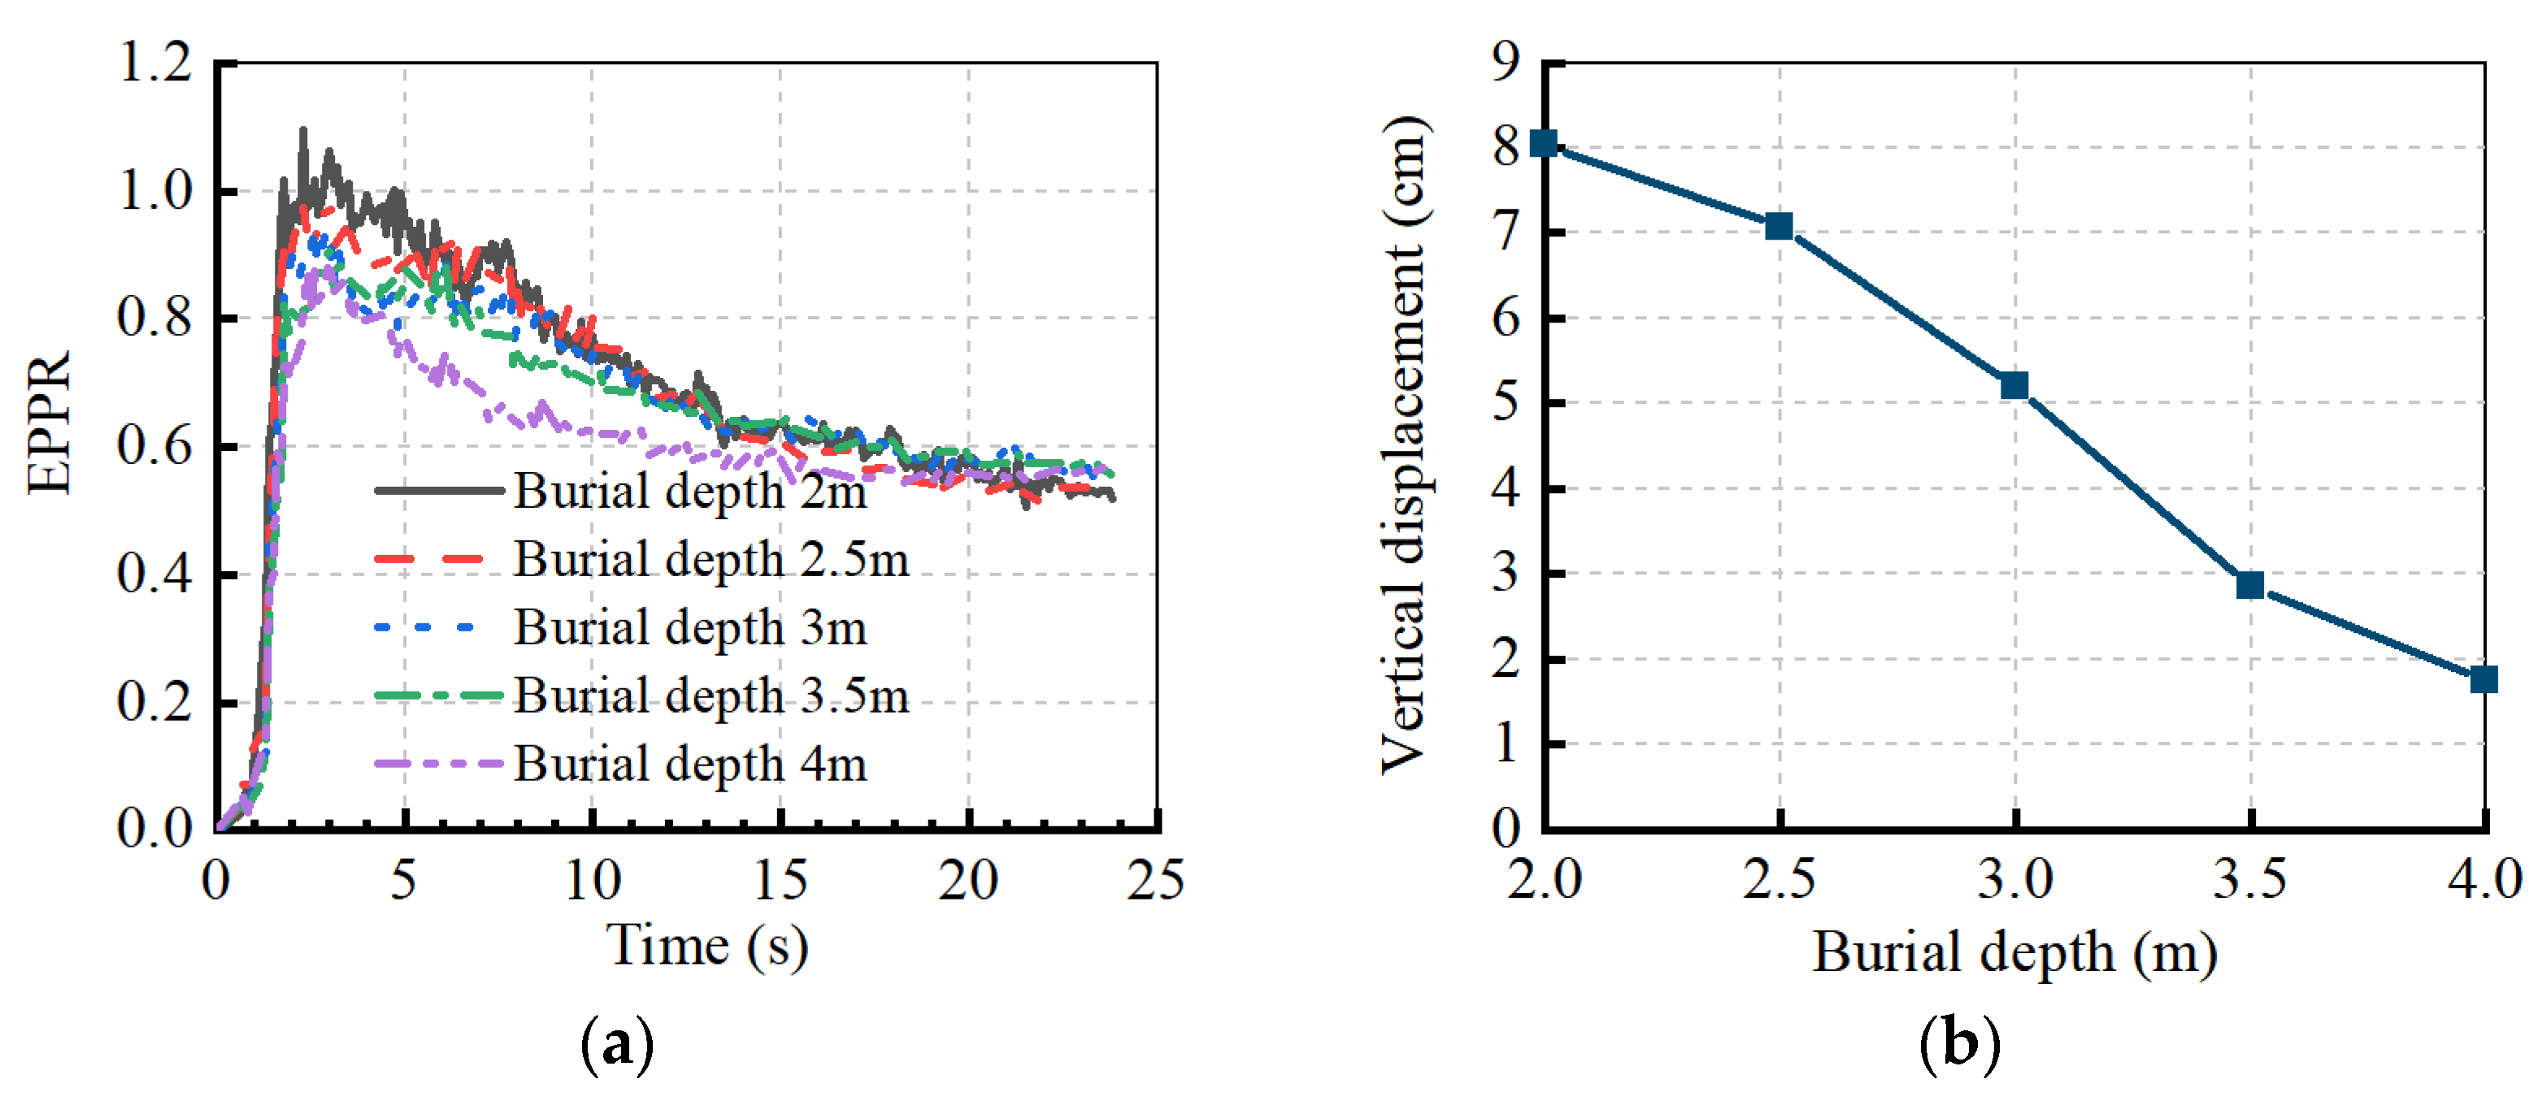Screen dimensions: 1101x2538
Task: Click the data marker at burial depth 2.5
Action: (x=1779, y=227)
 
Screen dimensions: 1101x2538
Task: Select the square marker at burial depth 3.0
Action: (x=2014, y=385)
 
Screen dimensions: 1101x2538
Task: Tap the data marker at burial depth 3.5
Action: (x=2249, y=585)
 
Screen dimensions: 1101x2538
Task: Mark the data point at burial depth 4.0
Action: (x=2483, y=678)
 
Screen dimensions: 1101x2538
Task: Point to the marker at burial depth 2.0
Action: (x=1544, y=144)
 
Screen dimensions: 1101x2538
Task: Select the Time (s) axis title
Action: (x=706, y=946)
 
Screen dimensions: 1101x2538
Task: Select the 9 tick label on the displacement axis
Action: (x=1506, y=63)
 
